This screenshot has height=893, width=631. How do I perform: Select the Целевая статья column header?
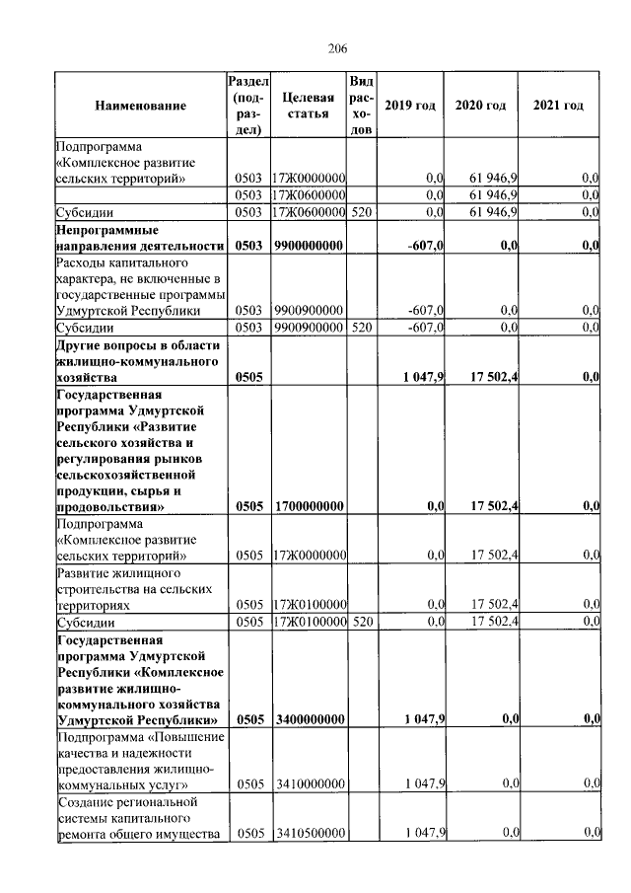pyautogui.click(x=309, y=106)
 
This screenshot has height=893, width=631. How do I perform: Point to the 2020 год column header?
pyautogui.click(x=480, y=106)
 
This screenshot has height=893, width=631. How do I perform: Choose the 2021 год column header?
pyautogui.click(x=557, y=106)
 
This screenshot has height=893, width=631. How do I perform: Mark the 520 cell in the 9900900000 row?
pyautogui.click(x=361, y=328)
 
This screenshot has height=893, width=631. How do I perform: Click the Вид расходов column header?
pyautogui.click(x=361, y=106)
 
